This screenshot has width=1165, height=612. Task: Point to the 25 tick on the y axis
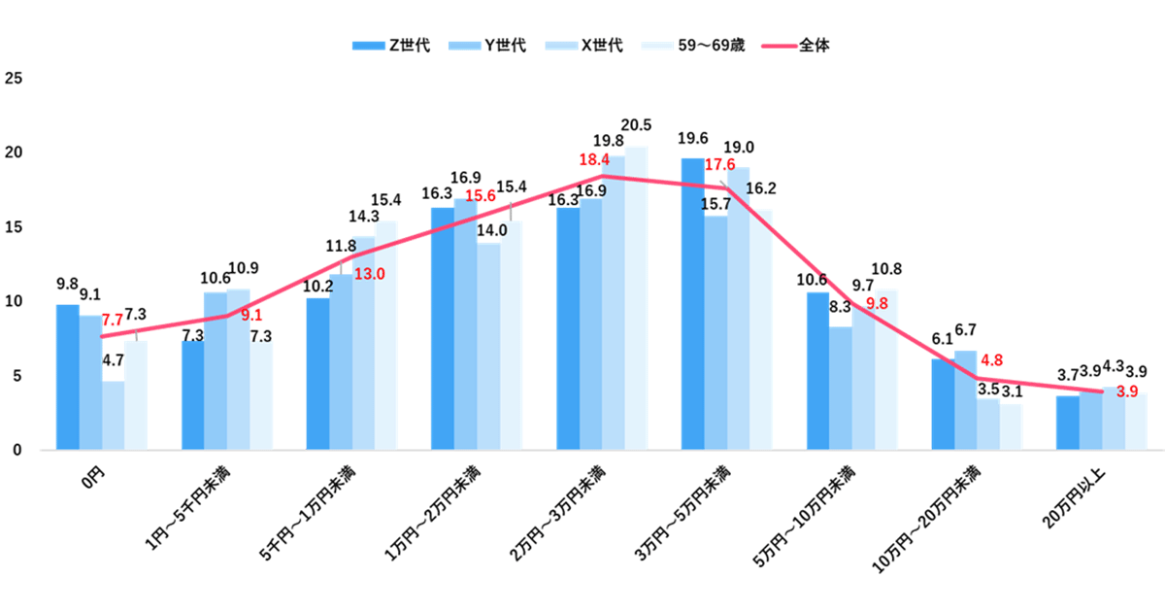[x=12, y=79]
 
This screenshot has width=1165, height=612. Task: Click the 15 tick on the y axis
[x=12, y=227]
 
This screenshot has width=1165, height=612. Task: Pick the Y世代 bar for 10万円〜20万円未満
[x=965, y=400]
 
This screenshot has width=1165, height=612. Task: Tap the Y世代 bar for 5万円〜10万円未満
[x=841, y=389]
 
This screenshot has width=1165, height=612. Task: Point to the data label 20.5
[x=636, y=125]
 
